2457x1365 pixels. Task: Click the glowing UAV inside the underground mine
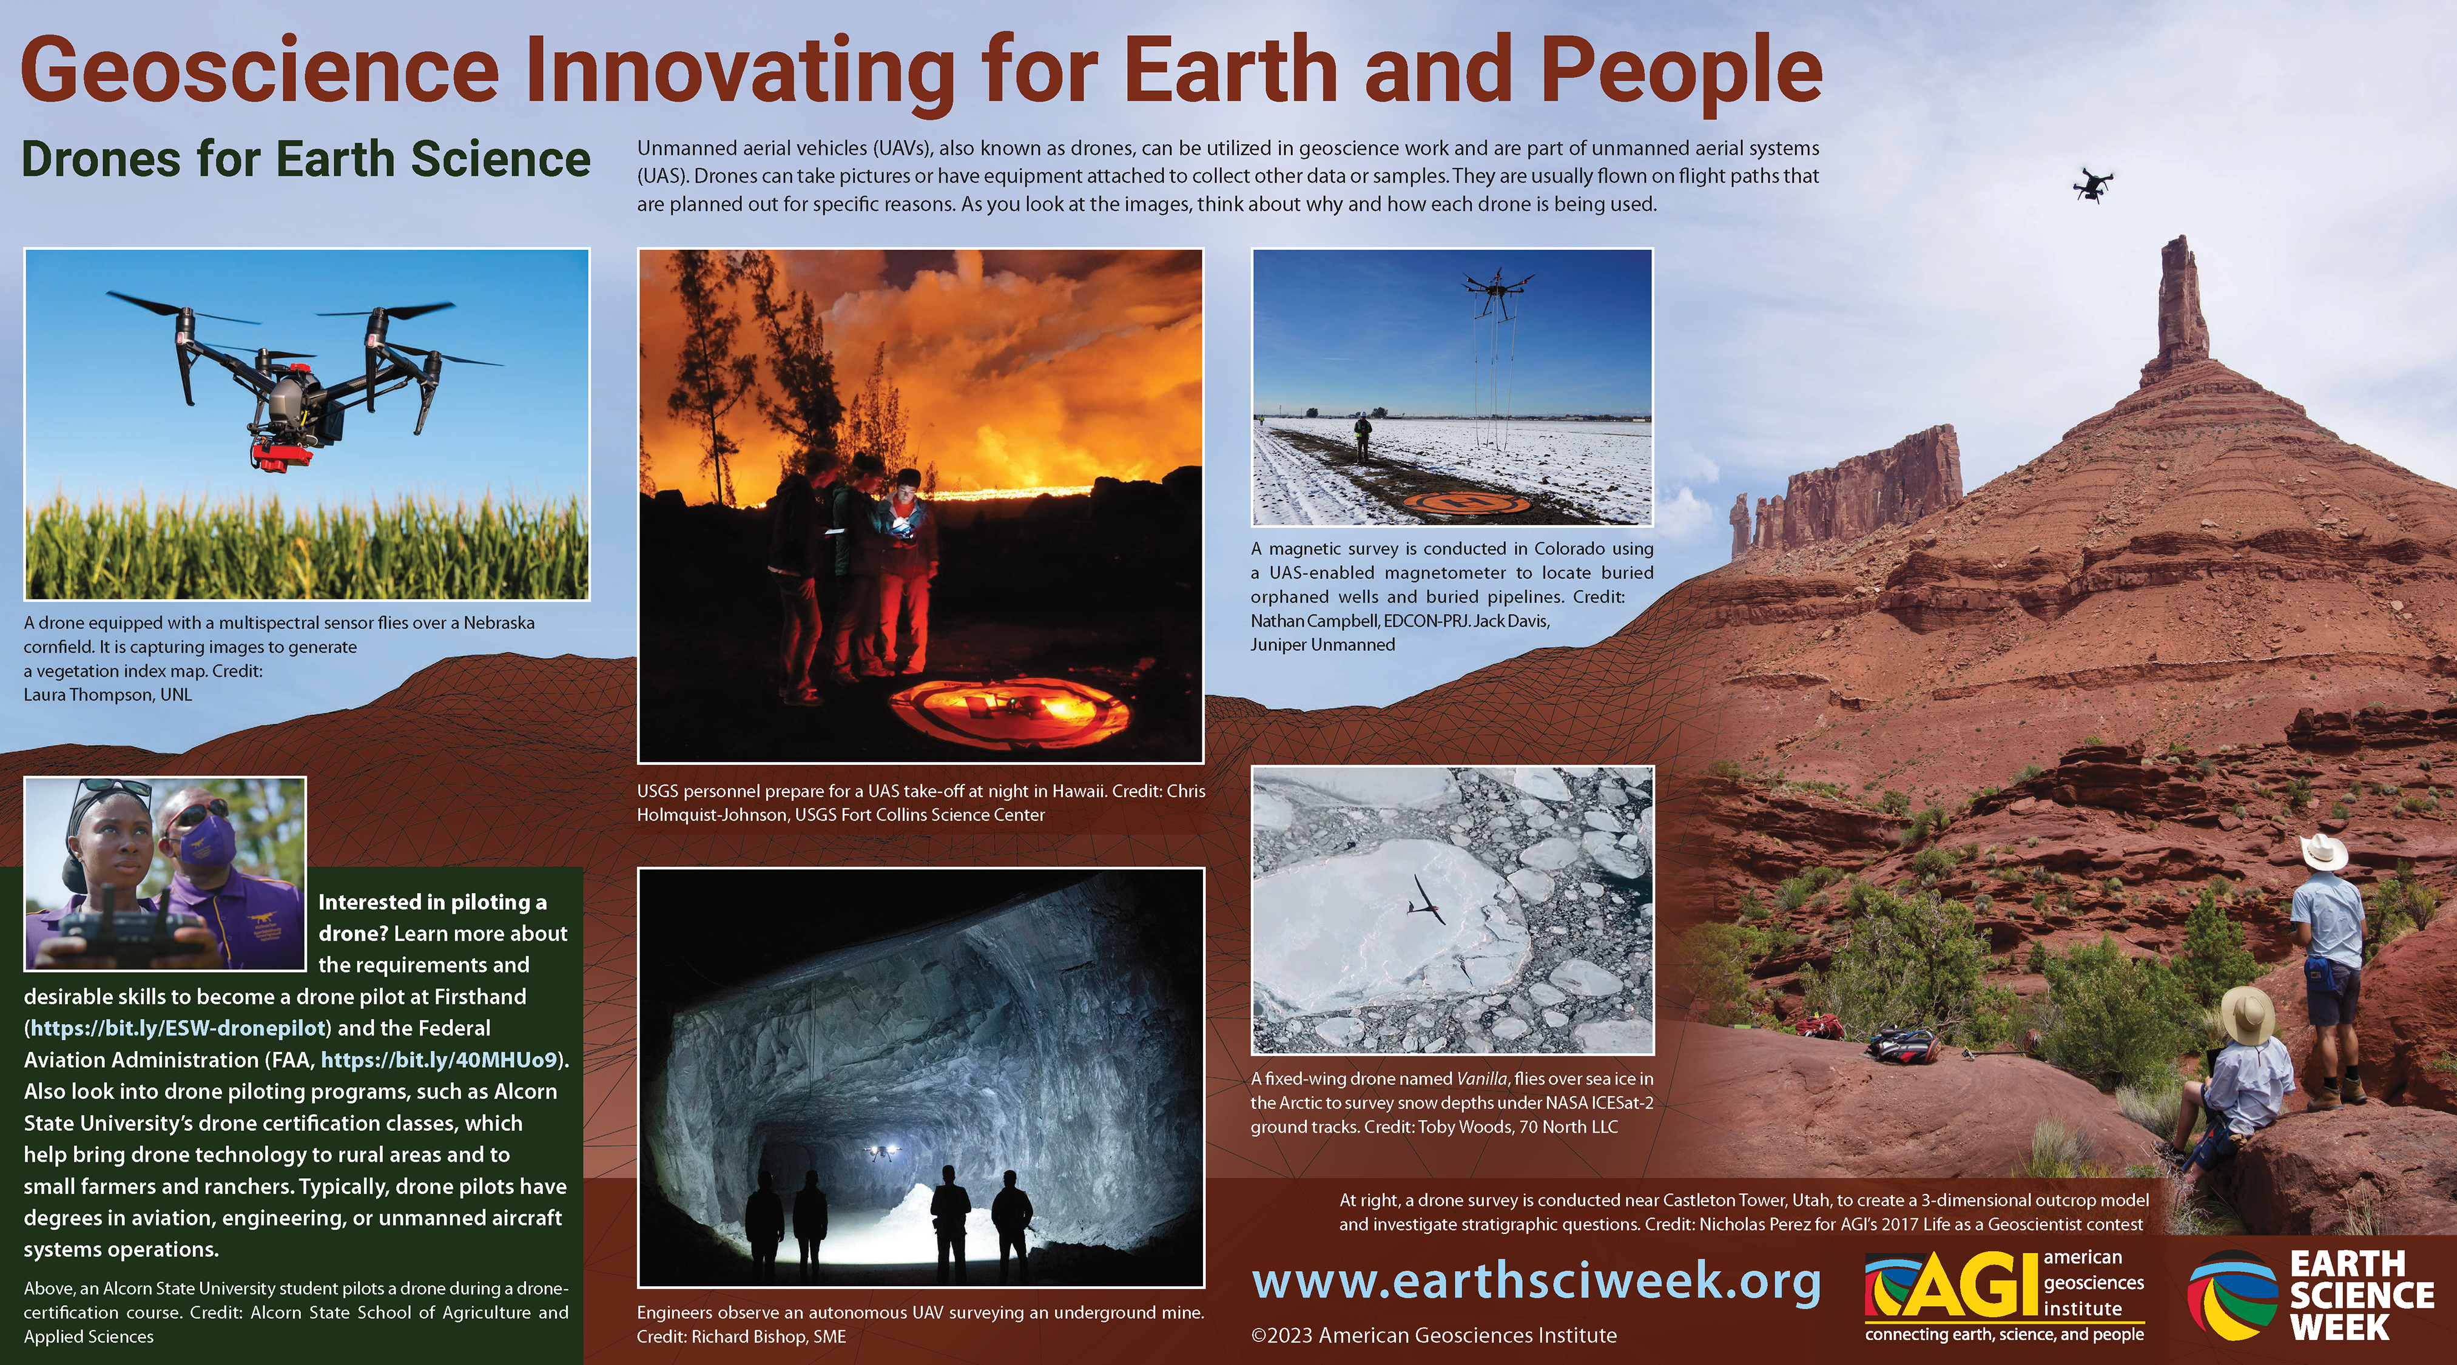pos(882,1152)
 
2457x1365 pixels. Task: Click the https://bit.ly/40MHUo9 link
pos(439,1060)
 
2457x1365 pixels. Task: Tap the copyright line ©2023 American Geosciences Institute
pos(1434,1335)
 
